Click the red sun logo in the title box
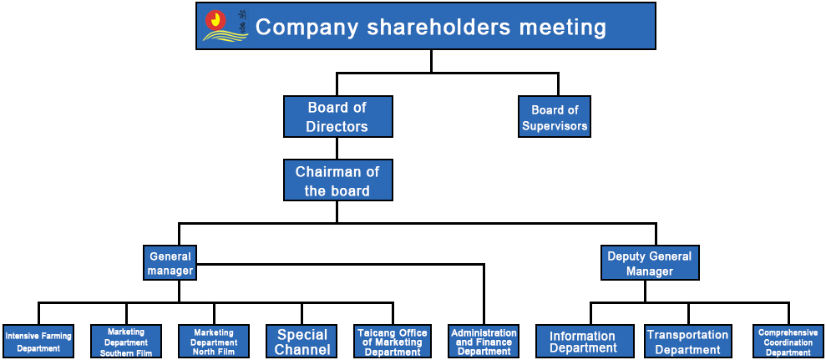coord(216,21)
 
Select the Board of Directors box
coord(337,116)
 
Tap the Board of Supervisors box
coord(555,116)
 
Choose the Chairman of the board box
coord(337,180)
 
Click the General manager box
coord(170,262)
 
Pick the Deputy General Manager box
coord(650,262)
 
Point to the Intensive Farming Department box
coord(38,342)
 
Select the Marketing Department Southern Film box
coord(126,342)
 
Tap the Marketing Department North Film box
coord(214,342)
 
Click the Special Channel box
coord(302,342)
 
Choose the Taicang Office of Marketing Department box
coord(393,342)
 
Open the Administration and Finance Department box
coord(484,342)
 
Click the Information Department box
coord(585,342)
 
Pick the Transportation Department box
coord(688,342)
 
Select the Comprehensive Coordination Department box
coord(788,342)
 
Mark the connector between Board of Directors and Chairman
coord(337,148)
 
